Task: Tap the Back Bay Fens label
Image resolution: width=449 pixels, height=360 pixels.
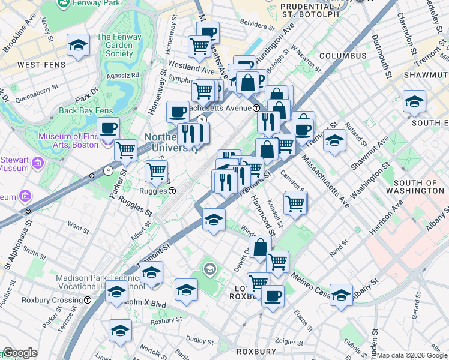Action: coord(85,110)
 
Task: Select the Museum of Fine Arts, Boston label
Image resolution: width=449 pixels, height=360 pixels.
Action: coord(68,140)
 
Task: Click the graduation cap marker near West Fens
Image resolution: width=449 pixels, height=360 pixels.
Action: coord(78,46)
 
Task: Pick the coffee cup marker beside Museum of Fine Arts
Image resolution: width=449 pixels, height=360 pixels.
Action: coord(109,128)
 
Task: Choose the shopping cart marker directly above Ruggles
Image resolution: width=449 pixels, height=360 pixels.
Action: coord(157,171)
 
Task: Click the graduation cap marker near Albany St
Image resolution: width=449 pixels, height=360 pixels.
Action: coord(341,295)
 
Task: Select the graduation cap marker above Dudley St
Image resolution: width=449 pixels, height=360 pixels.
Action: coord(120,330)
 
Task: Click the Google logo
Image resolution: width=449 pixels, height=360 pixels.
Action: coord(19,353)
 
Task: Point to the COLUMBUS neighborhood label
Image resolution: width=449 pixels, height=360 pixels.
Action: coord(343,56)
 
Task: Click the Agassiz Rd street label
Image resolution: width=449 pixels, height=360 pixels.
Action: coord(123,76)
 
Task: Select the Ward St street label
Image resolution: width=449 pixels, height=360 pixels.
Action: coord(79,226)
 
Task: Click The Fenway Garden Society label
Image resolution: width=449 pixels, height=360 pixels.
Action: coord(115,45)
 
